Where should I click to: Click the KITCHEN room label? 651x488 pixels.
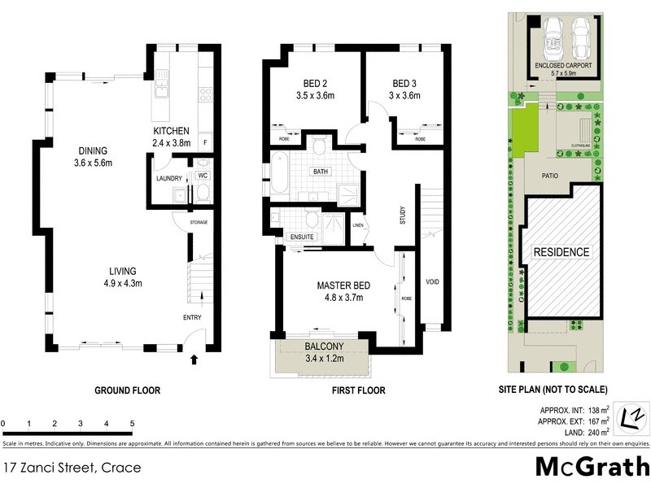click(171, 131)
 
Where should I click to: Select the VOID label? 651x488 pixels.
click(433, 281)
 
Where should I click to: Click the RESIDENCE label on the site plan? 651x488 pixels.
click(561, 252)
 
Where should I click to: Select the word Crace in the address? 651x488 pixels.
click(120, 468)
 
